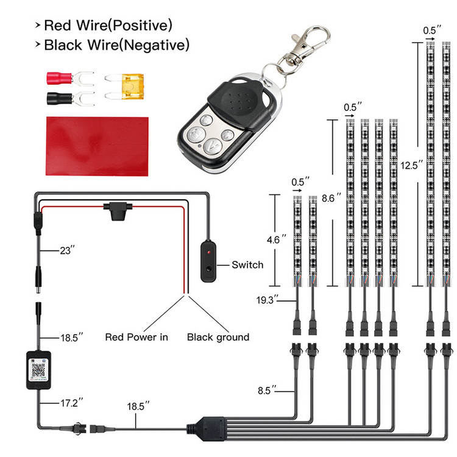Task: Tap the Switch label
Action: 247,264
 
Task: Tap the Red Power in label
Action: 136,336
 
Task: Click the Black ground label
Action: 218,336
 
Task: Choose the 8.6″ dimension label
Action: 330,198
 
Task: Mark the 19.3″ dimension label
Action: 267,299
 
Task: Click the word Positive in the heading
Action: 141,26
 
